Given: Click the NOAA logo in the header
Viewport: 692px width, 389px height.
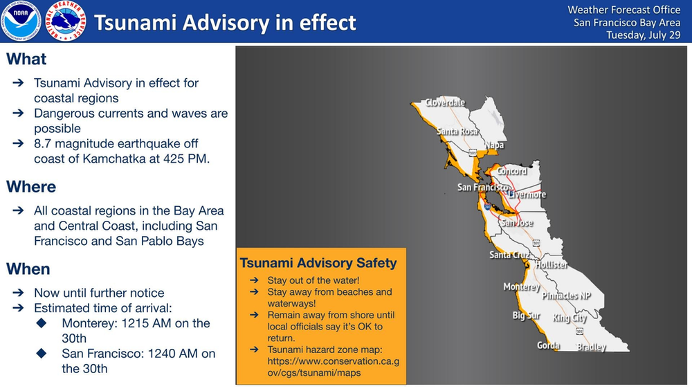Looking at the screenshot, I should pos(21,21).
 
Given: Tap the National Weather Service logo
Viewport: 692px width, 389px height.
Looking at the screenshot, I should pos(66,21).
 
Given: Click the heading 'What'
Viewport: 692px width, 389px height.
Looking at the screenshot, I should pos(27,59).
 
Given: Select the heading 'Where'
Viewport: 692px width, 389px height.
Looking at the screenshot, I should pos(32,187).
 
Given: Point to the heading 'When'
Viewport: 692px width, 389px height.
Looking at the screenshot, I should pos(28,269).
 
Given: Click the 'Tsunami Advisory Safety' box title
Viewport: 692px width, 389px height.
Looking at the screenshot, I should pos(318,263).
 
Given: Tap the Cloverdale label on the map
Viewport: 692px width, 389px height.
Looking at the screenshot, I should pos(445,102).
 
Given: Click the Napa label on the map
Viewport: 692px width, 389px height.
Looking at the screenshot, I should pos(494,145).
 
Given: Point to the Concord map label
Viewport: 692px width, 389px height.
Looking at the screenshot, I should pos(513,171).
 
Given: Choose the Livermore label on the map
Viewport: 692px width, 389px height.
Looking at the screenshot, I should pos(527,194).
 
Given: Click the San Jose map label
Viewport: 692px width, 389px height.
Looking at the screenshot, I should pos(517,223).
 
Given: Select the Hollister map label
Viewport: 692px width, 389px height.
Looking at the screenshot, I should pos(552,265).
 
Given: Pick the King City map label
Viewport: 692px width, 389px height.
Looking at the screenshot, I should pos(570,318).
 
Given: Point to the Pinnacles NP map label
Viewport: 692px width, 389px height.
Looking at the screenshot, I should pos(567,296).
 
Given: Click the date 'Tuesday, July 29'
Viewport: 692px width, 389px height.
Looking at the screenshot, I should pos(644,35).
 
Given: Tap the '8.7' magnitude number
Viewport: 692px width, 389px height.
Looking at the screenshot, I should pos(46,143).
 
